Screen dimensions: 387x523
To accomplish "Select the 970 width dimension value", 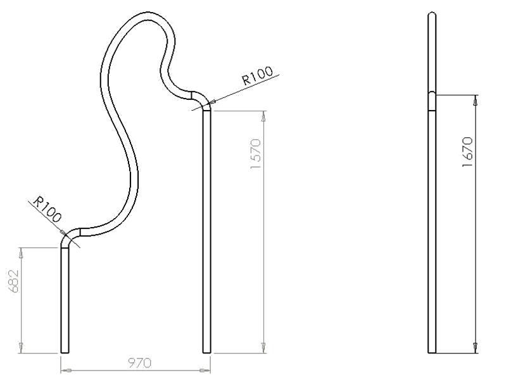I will [x=139, y=363].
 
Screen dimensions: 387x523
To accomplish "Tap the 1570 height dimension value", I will [x=256, y=154].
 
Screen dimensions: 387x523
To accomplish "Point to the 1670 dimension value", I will [x=468, y=152].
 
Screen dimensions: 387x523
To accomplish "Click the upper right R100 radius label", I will [x=258, y=76].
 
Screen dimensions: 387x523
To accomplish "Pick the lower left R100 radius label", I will [x=48, y=209].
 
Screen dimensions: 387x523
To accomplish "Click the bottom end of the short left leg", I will [x=65, y=351].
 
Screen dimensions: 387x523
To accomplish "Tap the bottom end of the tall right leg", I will [x=206, y=351].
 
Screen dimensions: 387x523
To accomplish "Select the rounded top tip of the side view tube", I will [x=432, y=15].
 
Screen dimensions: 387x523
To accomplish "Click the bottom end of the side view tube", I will [x=432, y=351].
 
